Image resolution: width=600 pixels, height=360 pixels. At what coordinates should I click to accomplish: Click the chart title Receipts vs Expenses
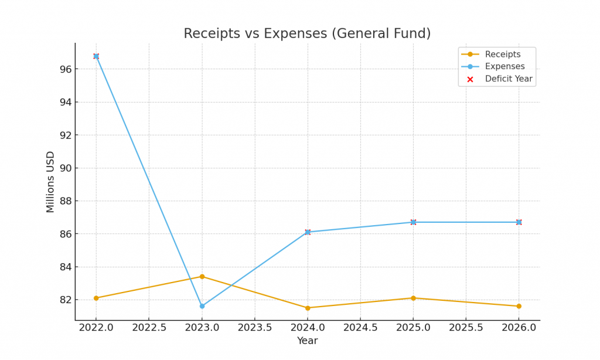(x=307, y=34)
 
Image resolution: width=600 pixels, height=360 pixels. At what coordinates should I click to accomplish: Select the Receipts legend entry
(x=502, y=55)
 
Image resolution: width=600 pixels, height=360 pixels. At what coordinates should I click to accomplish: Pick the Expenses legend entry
(x=504, y=67)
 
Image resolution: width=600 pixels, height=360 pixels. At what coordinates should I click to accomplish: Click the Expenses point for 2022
(x=96, y=56)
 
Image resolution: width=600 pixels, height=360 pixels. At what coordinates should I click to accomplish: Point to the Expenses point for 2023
(x=202, y=306)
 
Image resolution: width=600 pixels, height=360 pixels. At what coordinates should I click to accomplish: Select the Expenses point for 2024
(x=308, y=232)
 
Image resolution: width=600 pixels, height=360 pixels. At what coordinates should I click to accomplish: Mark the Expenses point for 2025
(x=413, y=222)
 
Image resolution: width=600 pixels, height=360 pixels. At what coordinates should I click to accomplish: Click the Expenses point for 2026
(x=519, y=222)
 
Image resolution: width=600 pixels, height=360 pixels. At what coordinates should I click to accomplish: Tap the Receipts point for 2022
(x=96, y=298)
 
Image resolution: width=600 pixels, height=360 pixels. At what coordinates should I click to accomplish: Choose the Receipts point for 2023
(x=202, y=277)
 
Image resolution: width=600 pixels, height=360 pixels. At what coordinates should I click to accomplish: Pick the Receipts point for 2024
(x=308, y=308)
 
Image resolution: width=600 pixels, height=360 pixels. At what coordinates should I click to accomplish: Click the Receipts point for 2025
(x=413, y=298)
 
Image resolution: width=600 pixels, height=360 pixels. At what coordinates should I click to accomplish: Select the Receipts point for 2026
(x=519, y=306)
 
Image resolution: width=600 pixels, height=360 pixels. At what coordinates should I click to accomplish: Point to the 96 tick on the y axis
(x=65, y=69)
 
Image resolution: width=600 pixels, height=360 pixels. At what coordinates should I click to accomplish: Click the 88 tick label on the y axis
(x=65, y=201)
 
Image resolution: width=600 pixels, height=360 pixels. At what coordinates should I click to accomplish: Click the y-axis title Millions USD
(x=51, y=182)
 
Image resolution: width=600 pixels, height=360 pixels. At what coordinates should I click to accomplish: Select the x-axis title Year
(x=307, y=341)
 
